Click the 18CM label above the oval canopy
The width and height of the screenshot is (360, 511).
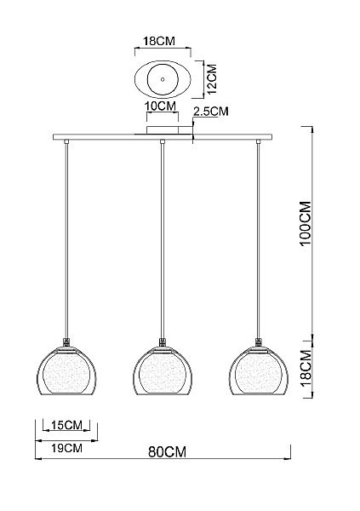tap(159, 41)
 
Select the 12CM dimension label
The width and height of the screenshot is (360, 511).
tap(212, 79)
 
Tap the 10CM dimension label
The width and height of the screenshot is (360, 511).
tap(160, 106)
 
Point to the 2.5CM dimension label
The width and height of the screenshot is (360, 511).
tap(211, 112)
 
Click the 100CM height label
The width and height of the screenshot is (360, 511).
tap(306, 223)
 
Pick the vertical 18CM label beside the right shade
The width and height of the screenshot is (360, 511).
tap(306, 368)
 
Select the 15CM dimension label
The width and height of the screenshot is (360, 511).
tap(66, 425)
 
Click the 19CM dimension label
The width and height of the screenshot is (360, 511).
tap(66, 448)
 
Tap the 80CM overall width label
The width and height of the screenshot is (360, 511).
tap(167, 452)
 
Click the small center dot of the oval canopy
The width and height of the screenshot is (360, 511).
tap(163, 79)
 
